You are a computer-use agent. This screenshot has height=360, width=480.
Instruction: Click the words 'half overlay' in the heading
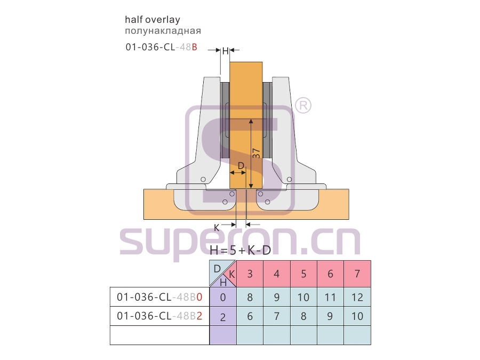point(153,20)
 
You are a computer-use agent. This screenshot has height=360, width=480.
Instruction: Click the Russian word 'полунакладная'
point(163,31)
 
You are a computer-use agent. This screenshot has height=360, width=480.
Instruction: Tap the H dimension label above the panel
point(225,51)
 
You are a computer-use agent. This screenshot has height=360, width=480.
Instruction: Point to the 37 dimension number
point(257,153)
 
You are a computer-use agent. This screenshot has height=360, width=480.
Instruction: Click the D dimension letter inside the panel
point(241,166)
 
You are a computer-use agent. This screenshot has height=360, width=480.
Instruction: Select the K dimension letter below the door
point(217,228)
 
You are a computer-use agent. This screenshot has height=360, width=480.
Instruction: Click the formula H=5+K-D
point(241,251)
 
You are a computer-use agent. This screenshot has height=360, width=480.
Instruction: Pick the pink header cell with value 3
point(250,274)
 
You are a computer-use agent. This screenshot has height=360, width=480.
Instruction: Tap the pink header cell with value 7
point(357,274)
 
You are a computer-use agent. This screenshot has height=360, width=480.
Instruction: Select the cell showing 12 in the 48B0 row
point(357,297)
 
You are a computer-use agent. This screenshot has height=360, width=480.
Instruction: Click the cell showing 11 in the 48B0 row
point(330,297)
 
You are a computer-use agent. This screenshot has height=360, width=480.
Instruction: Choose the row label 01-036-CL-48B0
point(159,297)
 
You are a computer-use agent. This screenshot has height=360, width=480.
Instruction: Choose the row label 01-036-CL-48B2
point(159,316)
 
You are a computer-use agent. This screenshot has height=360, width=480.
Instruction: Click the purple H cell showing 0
point(223,297)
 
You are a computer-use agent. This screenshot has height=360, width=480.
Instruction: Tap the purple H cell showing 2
point(223,316)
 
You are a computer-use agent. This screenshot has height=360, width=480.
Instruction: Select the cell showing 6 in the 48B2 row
point(250,316)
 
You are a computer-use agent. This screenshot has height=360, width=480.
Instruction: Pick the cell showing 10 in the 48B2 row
point(357,316)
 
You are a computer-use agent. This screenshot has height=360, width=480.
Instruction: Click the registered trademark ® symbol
point(303,105)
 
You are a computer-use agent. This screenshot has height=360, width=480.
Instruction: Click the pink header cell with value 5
point(303,274)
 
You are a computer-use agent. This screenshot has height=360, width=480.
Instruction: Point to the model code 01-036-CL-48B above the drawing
point(161,47)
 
